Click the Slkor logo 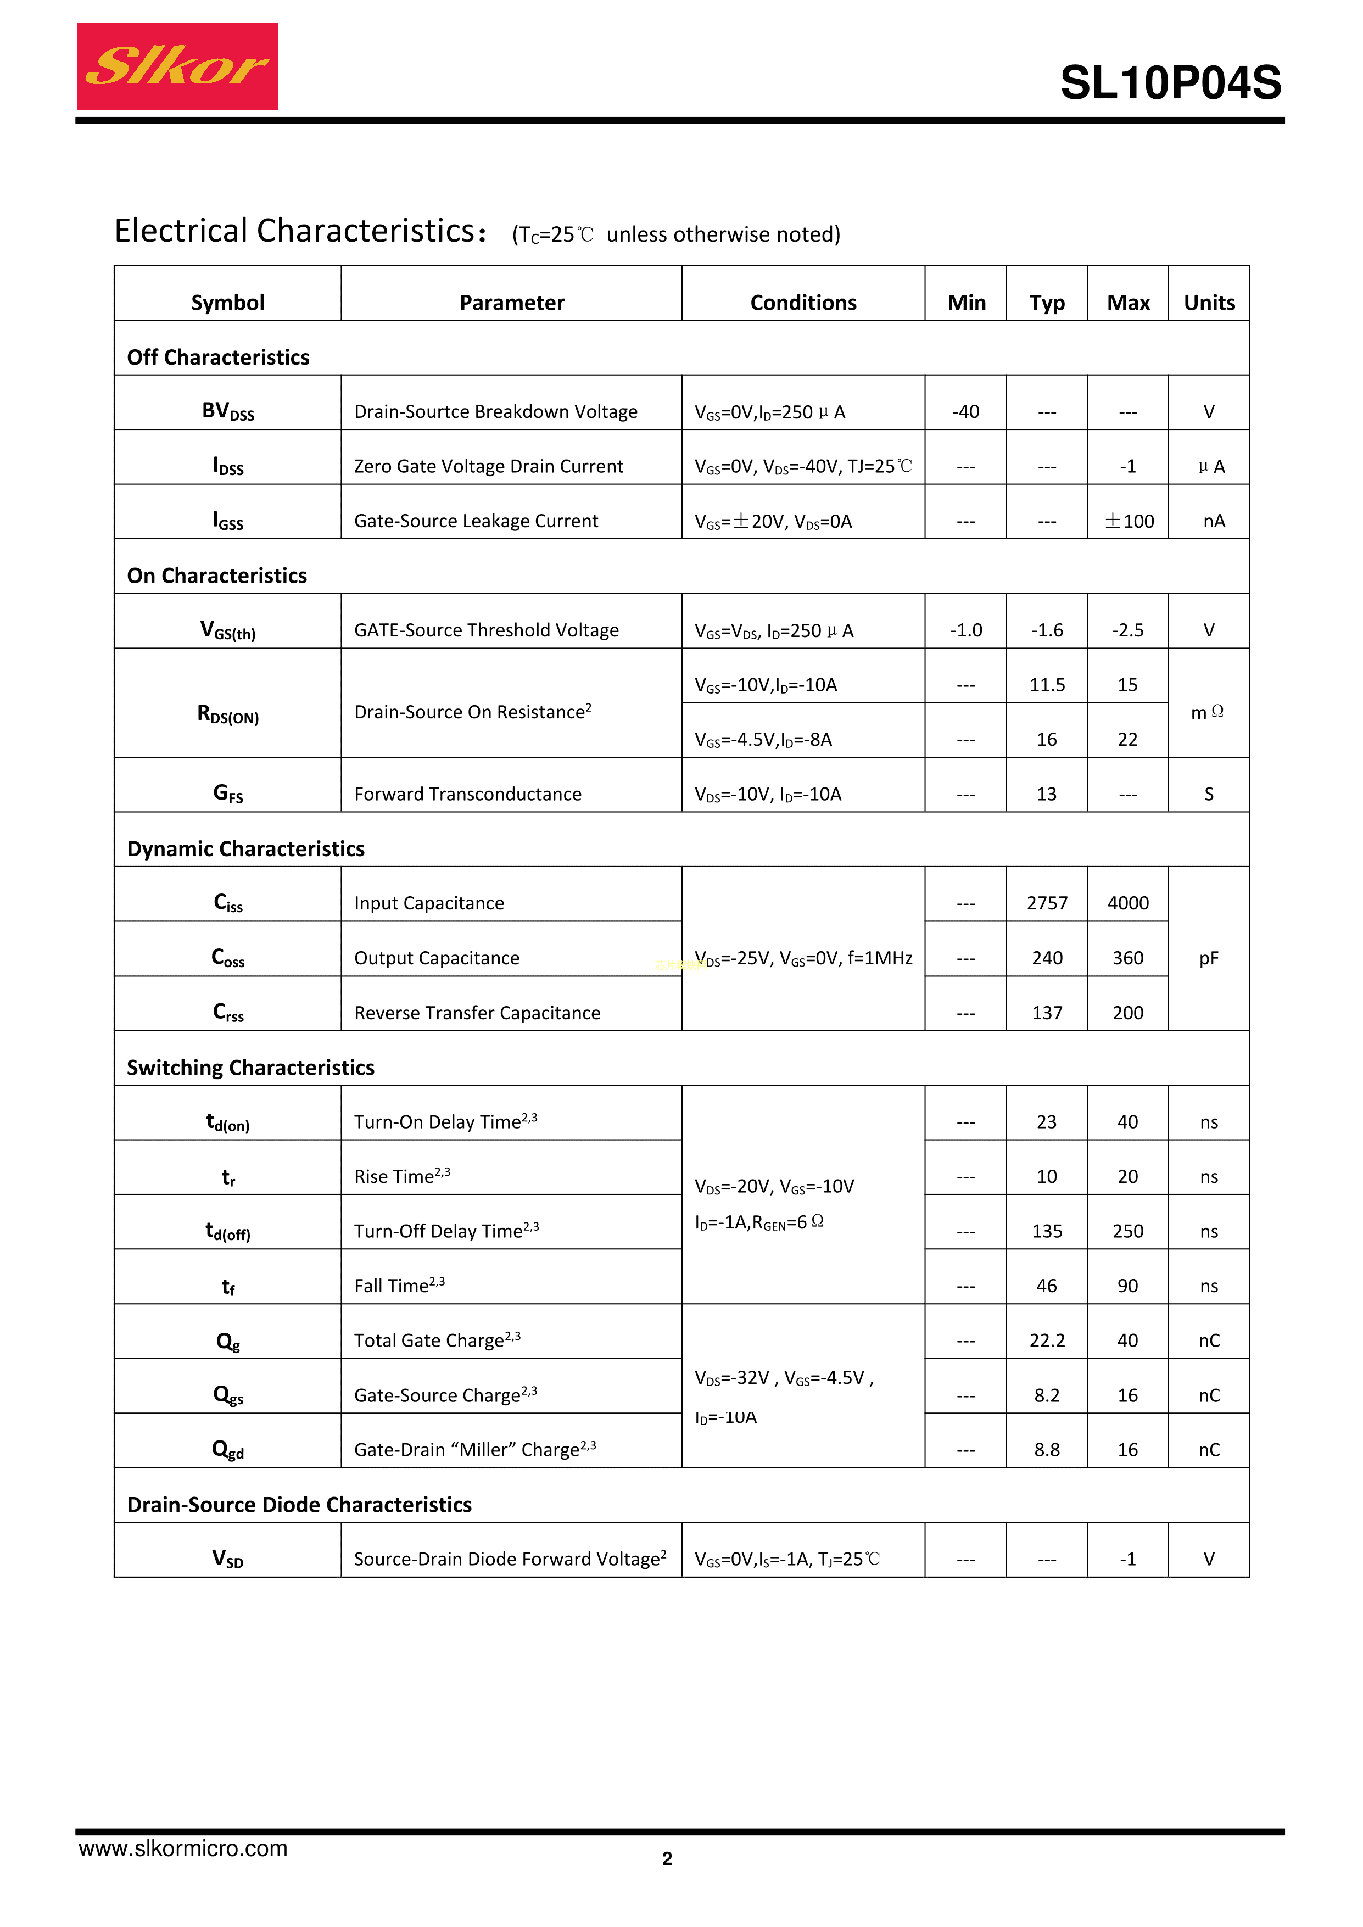click(x=177, y=66)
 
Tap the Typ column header click(x=1047, y=302)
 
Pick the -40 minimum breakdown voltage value click(x=965, y=411)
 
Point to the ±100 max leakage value click(x=1128, y=521)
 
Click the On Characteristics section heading click(x=216, y=576)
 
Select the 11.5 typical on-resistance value click(x=1047, y=685)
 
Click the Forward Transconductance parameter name click(x=467, y=794)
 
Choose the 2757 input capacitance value click(x=1047, y=903)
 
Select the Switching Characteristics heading click(x=250, y=1068)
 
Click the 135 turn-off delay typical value click(x=1047, y=1231)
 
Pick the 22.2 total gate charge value click(x=1047, y=1340)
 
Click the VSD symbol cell click(x=227, y=1559)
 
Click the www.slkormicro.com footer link click(x=183, y=1848)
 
